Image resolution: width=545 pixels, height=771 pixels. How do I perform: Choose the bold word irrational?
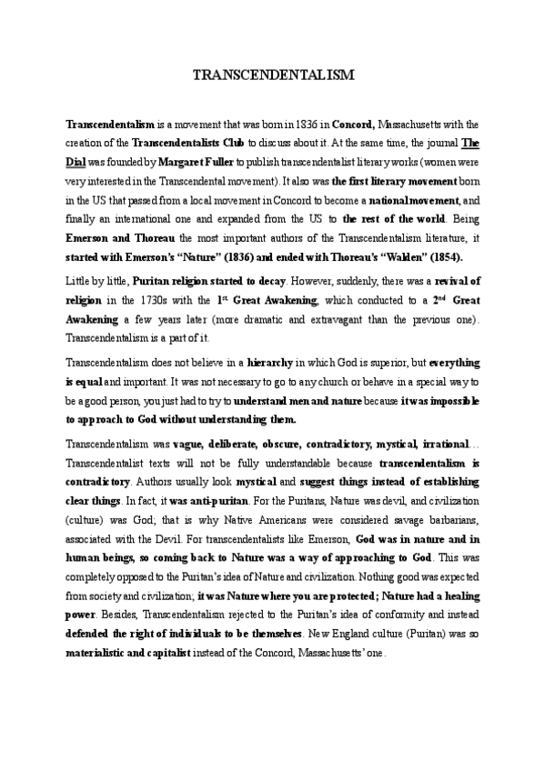pyautogui.click(x=442, y=444)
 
